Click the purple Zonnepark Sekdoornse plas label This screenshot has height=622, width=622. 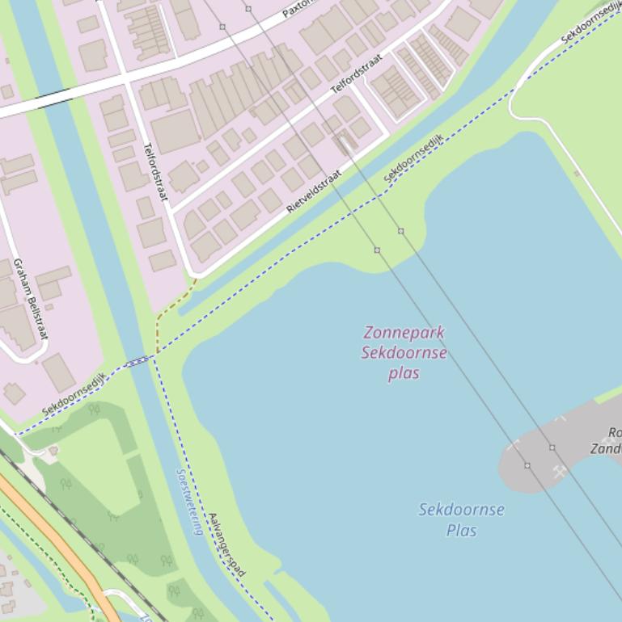pyautogui.click(x=404, y=352)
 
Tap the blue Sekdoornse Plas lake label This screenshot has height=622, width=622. pyautogui.click(x=461, y=519)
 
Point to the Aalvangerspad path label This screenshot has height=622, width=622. pyautogui.click(x=226, y=544)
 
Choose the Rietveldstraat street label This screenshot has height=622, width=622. pyautogui.click(x=314, y=191)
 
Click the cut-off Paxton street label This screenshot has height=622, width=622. pyautogui.click(x=296, y=9)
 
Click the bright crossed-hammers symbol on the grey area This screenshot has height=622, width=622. pyautogui.click(x=560, y=472)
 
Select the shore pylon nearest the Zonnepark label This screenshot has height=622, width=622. pyautogui.click(x=377, y=250)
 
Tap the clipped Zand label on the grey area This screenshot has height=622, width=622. pyautogui.click(x=607, y=448)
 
